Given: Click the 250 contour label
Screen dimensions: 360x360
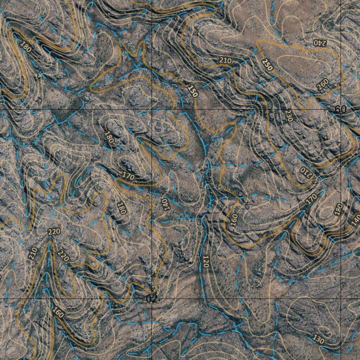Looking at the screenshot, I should pyautogui.click(x=267, y=64).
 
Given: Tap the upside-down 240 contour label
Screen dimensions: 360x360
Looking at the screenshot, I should pyautogui.click(x=320, y=43).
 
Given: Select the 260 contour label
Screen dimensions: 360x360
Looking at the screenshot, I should pyautogui.click(x=322, y=84).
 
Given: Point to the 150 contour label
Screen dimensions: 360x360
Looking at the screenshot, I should pyautogui.click(x=193, y=91).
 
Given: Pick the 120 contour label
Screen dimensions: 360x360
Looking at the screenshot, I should pyautogui.click(x=206, y=262).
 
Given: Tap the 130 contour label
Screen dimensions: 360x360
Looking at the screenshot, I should pyautogui.click(x=318, y=340).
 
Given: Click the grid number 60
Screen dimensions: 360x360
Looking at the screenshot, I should pyautogui.click(x=340, y=110).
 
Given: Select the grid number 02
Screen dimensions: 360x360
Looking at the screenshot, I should pyautogui.click(x=152, y=299).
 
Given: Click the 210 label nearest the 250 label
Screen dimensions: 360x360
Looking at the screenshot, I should pyautogui.click(x=225, y=60).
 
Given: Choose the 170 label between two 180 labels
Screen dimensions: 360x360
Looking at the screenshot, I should pyautogui.click(x=129, y=177).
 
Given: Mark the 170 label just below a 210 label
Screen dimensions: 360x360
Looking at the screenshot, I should pyautogui.click(x=311, y=199).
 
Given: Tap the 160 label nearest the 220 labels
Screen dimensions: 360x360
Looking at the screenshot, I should pyautogui.click(x=58, y=312).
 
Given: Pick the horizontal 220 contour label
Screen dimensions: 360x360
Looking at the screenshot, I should pyautogui.click(x=54, y=232).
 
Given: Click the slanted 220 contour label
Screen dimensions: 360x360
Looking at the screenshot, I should pyautogui.click(x=64, y=256).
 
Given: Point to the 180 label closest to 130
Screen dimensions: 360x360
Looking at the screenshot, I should pyautogui.click(x=338, y=210).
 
